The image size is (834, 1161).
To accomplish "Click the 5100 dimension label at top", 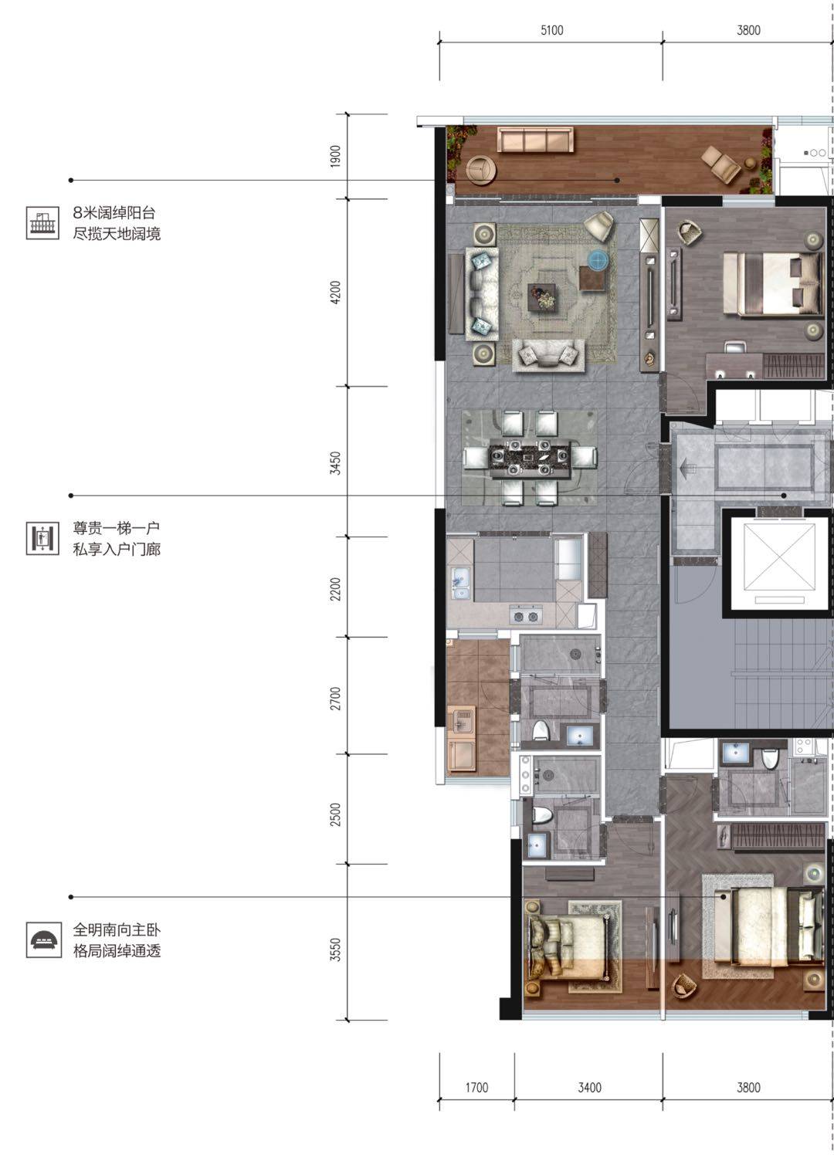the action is pyautogui.click(x=551, y=31).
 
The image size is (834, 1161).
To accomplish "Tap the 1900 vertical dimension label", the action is pyautogui.click(x=336, y=156).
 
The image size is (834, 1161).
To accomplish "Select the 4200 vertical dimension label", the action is pyautogui.click(x=336, y=293).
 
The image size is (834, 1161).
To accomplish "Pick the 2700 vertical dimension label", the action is pyautogui.click(x=336, y=698).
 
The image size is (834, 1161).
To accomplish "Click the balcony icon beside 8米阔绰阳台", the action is pyautogui.click(x=42, y=223).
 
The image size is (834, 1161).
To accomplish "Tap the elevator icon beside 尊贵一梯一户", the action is pyautogui.click(x=42, y=539).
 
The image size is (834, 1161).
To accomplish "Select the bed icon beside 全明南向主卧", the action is pyautogui.click(x=42, y=941).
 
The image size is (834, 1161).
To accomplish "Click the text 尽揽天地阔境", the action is pyautogui.click(x=117, y=234).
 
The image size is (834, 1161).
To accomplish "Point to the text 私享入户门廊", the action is pyautogui.click(x=117, y=550).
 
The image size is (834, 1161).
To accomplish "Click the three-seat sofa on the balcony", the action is pyautogui.click(x=535, y=140).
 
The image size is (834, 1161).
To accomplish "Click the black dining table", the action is pyautogui.click(x=529, y=459).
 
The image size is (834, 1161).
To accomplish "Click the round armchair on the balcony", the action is pyautogui.click(x=481, y=171).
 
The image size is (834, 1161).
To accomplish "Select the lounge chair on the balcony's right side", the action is pyautogui.click(x=721, y=163).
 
